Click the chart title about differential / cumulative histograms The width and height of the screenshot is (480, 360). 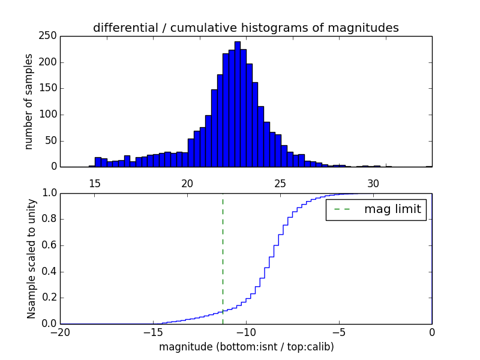245,28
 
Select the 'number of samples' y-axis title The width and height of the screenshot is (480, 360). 29,101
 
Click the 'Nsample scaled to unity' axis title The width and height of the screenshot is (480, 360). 31,258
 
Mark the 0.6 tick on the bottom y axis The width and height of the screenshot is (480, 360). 49,245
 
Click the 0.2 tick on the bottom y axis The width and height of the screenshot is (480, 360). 49,298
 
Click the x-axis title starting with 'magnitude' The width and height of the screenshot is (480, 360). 246,347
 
